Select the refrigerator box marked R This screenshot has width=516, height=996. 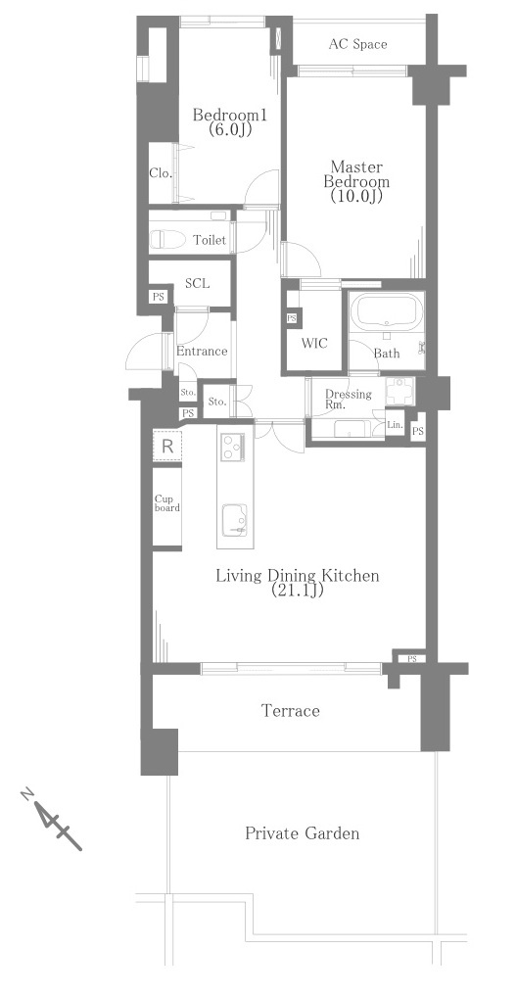166,446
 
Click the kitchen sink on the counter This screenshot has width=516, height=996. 235,520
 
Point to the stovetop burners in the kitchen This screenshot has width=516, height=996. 234,448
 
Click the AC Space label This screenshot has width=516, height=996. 357,44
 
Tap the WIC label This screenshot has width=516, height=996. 314,343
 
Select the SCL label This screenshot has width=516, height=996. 198,284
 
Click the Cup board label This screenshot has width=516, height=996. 166,503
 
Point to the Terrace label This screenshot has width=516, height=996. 291,710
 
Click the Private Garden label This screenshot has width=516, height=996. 303,832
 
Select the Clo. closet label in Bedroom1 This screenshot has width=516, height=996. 160,172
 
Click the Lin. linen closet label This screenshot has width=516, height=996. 395,424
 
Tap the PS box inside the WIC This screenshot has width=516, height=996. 292,317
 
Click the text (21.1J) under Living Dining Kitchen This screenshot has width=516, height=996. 298,591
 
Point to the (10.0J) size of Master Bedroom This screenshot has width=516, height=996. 356,196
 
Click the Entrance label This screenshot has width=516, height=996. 202,351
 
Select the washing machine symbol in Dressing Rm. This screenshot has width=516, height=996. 399,391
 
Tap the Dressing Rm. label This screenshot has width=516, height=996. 348,399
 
